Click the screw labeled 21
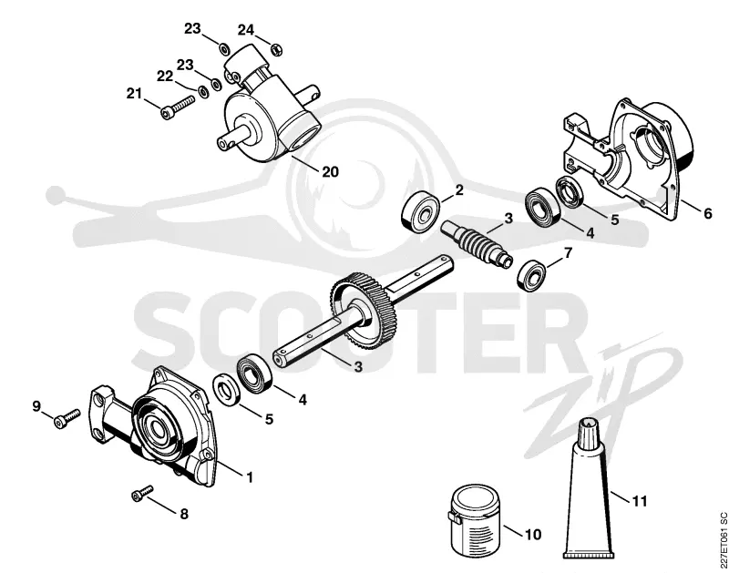[x=178, y=107]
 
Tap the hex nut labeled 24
[x=277, y=48]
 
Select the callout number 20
[x=330, y=172]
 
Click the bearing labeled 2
[x=420, y=213]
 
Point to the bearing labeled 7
[x=531, y=275]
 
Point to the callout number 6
[x=707, y=213]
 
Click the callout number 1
[x=250, y=476]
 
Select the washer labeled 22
[x=203, y=91]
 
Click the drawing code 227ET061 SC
[x=723, y=541]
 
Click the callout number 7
[x=567, y=253]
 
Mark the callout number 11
[x=640, y=501]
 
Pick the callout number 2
[x=459, y=189]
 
